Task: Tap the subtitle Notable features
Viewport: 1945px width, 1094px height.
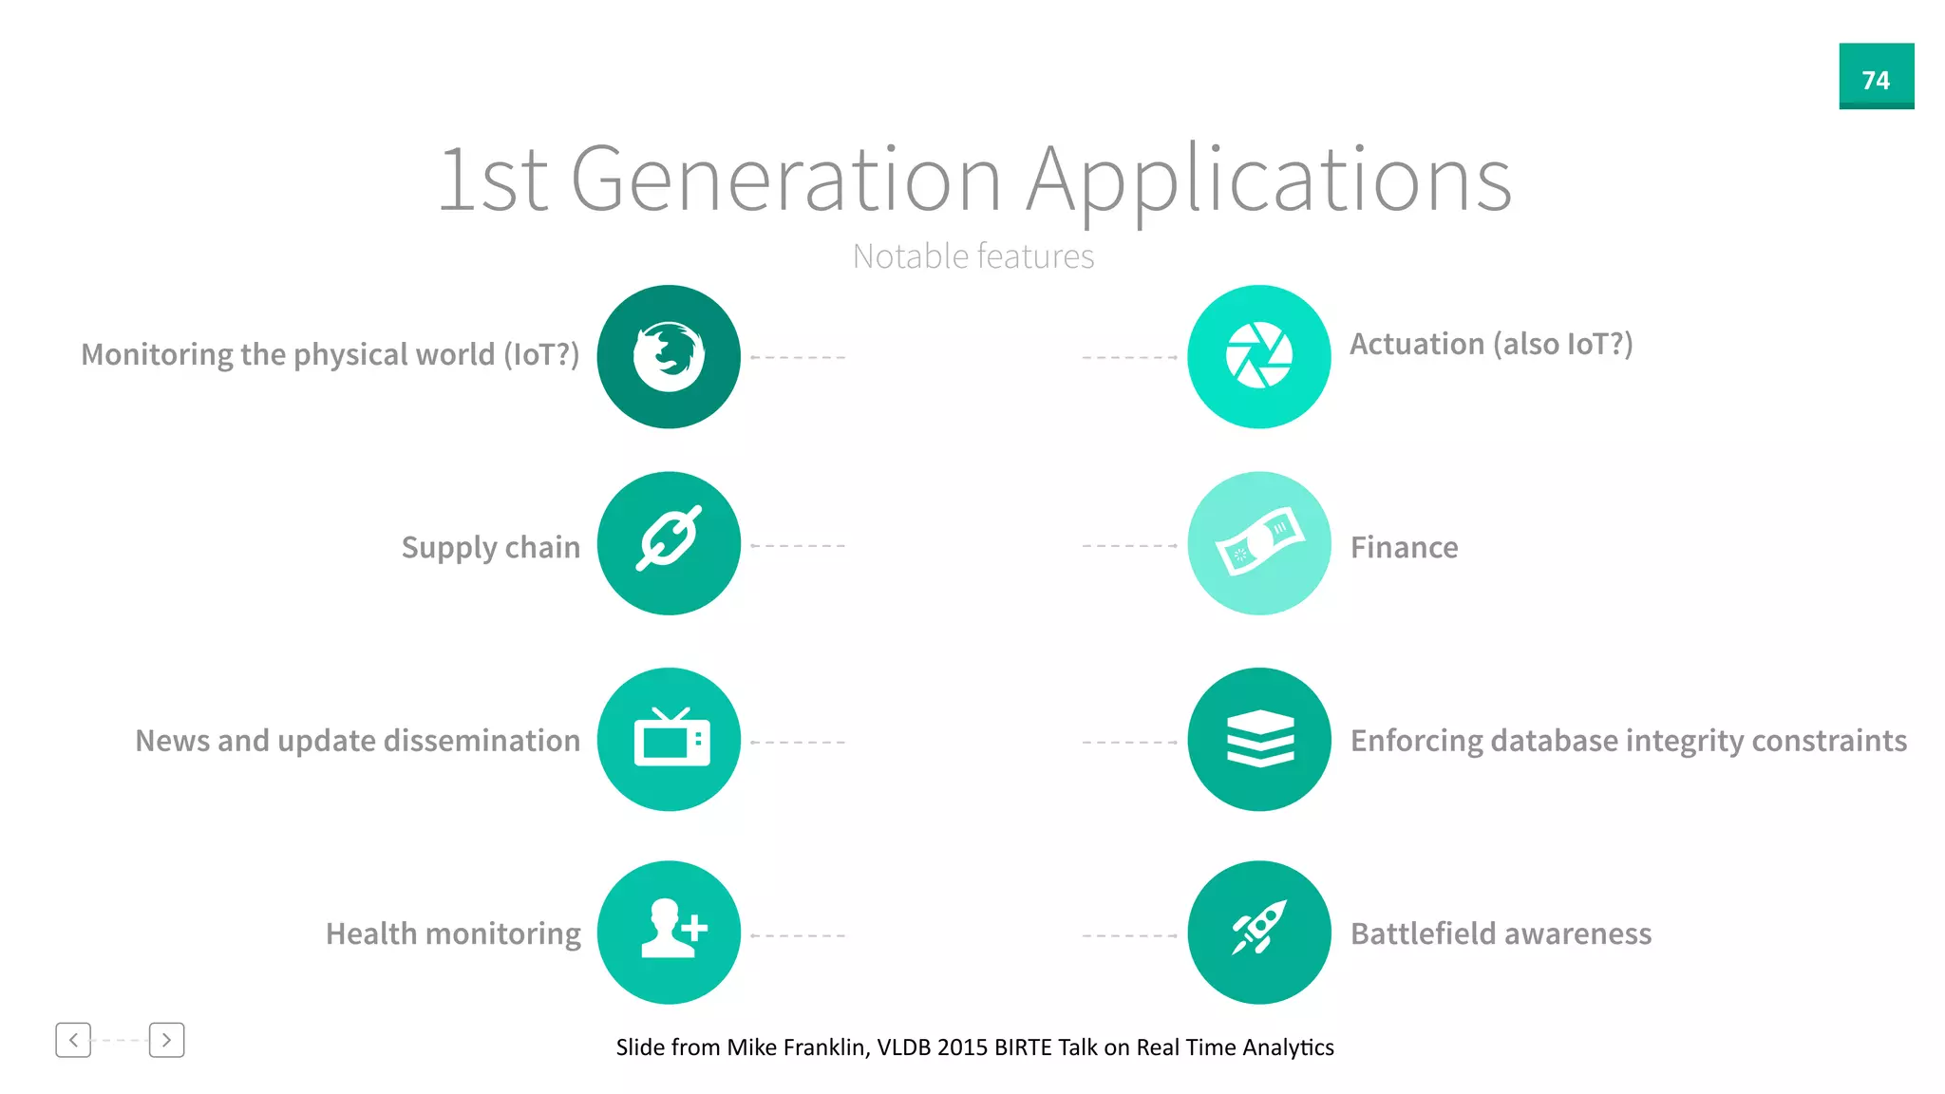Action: [x=972, y=256]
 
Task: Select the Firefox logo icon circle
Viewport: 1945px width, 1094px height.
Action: [x=669, y=357]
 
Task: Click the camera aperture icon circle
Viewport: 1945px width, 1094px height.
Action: [x=1258, y=357]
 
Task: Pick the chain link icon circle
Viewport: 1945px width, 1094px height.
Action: [x=669, y=543]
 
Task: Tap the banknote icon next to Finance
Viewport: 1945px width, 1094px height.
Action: [x=1258, y=543]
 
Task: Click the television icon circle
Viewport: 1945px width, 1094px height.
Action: [x=669, y=739]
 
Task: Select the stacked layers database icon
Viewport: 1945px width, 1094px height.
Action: [x=1258, y=739]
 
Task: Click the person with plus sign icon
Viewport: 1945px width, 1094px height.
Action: [x=669, y=932]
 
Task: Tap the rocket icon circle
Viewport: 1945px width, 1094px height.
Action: [x=1258, y=932]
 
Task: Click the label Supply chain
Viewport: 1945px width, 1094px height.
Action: [x=490, y=548]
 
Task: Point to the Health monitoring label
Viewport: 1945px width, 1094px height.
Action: [x=453, y=934]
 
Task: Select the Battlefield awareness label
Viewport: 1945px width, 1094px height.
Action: [x=1501, y=934]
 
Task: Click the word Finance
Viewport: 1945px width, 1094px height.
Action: [x=1404, y=548]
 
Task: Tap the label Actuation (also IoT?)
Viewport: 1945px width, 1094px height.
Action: [x=1491, y=344]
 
